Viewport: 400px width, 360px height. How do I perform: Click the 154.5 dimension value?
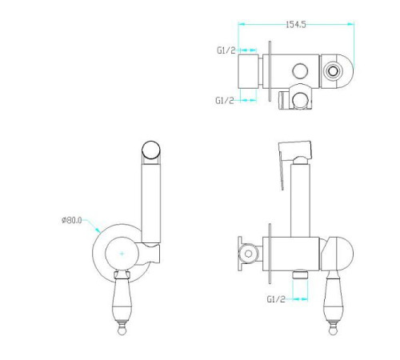(296, 25)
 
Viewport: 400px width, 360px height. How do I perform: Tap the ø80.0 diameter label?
(72, 220)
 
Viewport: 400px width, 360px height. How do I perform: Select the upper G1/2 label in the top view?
(226, 50)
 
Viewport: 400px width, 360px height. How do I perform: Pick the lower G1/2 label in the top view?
(225, 100)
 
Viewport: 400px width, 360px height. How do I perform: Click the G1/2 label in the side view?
(276, 299)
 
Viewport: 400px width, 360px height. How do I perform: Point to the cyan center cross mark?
(122, 254)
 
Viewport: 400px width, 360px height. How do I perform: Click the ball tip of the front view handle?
(122, 331)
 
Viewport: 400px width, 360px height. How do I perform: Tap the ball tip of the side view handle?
(333, 331)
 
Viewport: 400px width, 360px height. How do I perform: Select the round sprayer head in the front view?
(151, 150)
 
